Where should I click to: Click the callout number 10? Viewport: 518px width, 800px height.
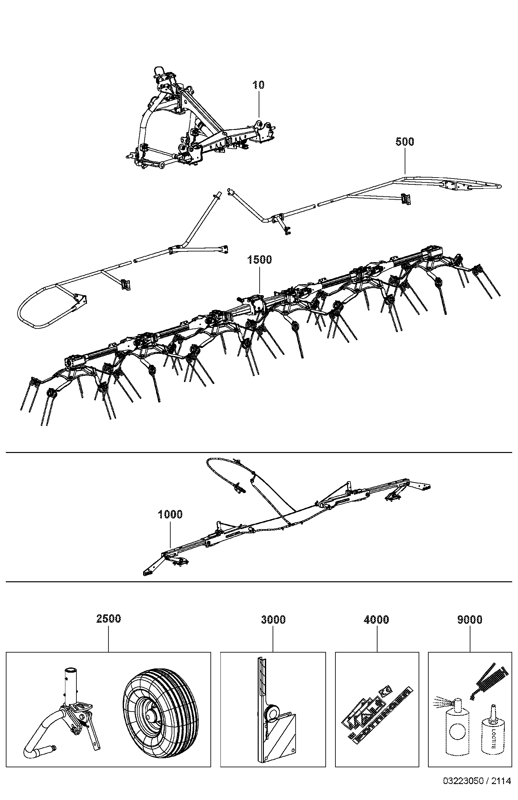coord(259,85)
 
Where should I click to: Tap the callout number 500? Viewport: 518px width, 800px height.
coord(405,142)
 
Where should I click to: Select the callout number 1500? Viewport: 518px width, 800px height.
coord(259,260)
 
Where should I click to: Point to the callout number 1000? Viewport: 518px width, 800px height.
coord(170,514)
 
